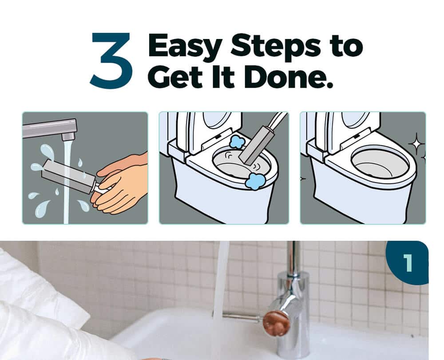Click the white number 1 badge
408,263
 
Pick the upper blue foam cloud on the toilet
236,142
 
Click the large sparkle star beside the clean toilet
416,145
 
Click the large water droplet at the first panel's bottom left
42,209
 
